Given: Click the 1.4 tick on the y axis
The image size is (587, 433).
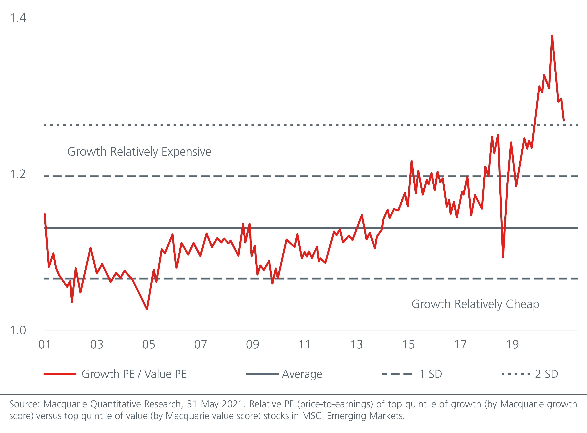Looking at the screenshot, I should click(x=18, y=18).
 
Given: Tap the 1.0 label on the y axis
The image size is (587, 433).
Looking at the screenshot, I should click(x=18, y=331).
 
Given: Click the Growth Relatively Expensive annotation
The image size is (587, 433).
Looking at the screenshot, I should click(x=139, y=152).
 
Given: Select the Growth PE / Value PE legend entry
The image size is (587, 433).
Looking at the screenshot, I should click(x=134, y=374).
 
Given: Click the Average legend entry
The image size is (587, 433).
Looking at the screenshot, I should click(x=302, y=374).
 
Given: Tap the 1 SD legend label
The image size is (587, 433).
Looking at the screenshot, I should click(x=431, y=374).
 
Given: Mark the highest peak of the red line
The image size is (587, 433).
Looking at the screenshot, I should click(x=552, y=36).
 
